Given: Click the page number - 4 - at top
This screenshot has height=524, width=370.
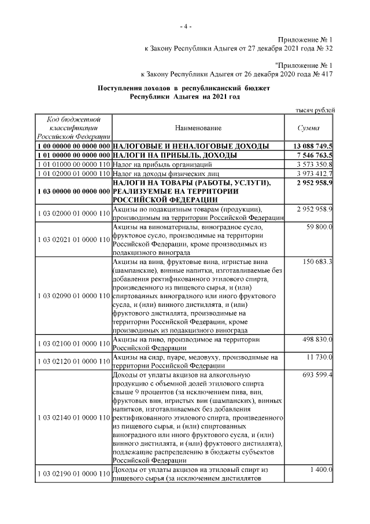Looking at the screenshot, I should (185, 27).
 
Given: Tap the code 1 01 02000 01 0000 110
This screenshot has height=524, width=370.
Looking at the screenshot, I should (73, 173).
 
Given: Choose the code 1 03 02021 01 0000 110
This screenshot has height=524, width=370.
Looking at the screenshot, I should (73, 239).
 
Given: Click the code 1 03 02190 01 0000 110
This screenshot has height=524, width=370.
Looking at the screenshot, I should (73, 474).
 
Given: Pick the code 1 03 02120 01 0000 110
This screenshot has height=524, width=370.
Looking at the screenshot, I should (73, 362).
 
